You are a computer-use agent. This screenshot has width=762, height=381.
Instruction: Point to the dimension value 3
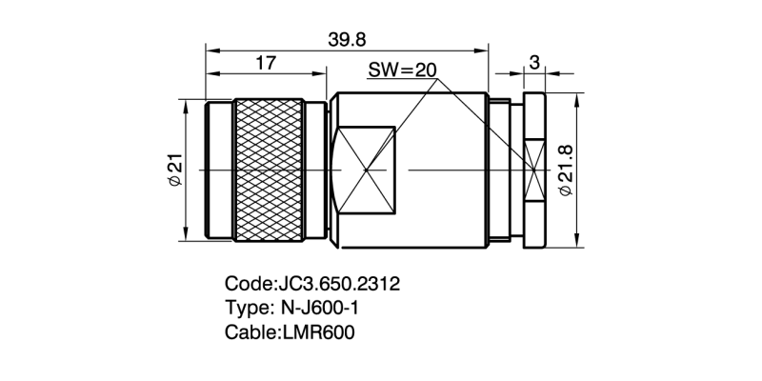coord(534,63)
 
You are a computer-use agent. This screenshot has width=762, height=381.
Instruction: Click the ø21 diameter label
coord(175,169)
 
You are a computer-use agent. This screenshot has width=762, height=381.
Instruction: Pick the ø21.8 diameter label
coord(564,170)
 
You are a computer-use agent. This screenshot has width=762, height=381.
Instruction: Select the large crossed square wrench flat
coord(365,170)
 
